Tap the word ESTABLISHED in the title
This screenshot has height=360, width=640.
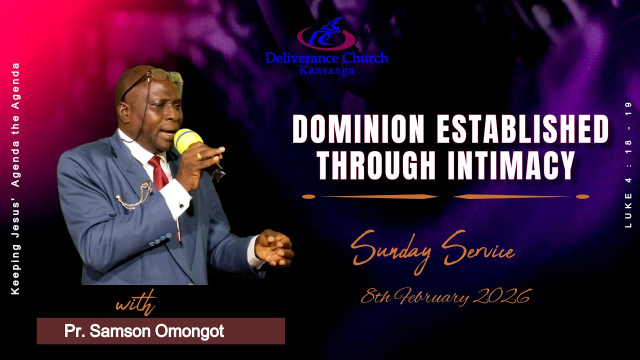tap(523, 129)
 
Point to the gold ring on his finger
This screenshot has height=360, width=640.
tap(199, 155)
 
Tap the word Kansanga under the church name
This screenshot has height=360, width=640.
tap(327, 70)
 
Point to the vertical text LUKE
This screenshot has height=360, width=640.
tap(628, 210)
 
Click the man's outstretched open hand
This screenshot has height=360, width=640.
tap(274, 248)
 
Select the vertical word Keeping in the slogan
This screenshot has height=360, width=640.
tap(15, 272)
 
